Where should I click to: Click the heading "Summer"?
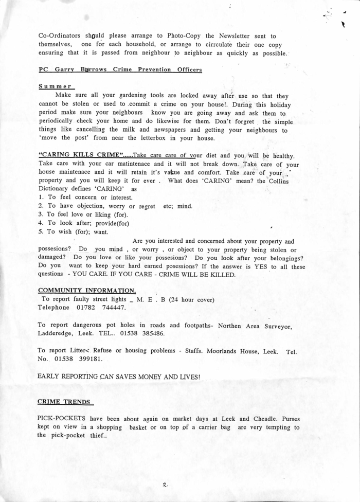(57, 86)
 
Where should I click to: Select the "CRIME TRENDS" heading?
(65, 401)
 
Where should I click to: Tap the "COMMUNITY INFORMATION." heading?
(86, 290)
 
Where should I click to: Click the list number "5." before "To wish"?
(41, 231)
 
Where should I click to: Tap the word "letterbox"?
(176, 139)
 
